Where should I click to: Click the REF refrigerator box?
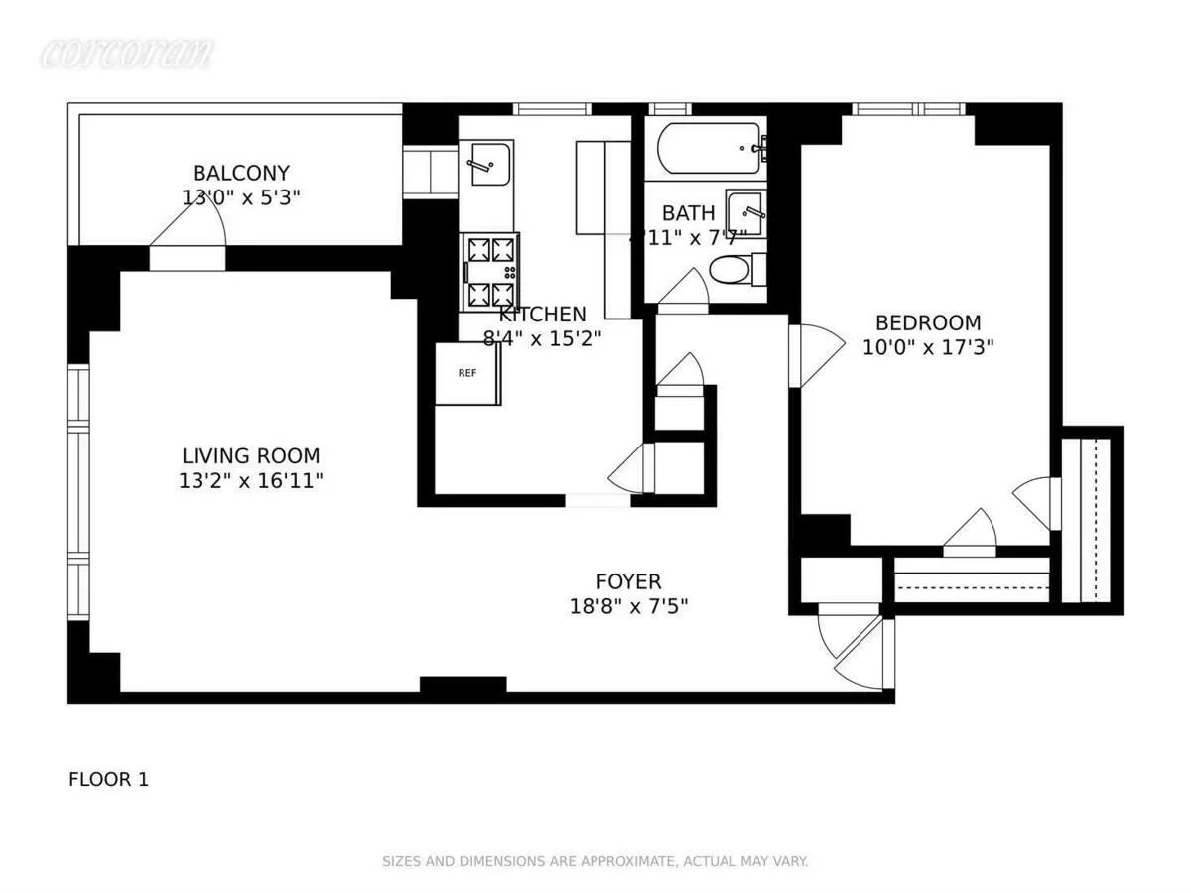click(x=467, y=374)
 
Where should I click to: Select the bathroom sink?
click(x=744, y=209)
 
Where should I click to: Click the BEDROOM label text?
click(x=927, y=323)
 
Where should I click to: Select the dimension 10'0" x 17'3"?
click(x=927, y=347)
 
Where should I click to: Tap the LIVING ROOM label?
click(x=250, y=456)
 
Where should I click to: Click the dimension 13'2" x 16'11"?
click(x=250, y=481)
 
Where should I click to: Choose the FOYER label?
click(x=628, y=581)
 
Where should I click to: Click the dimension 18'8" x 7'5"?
click(x=628, y=606)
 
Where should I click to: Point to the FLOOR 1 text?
click(x=108, y=780)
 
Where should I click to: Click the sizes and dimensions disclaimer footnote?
click(x=595, y=862)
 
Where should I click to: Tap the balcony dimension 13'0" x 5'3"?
click(x=241, y=197)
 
